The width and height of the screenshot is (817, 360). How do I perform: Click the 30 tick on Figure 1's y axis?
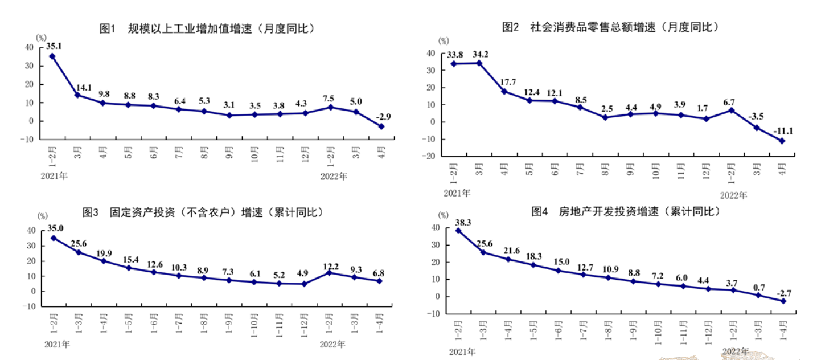[x=30, y=66]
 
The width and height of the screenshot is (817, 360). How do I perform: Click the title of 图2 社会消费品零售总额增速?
[x=610, y=27]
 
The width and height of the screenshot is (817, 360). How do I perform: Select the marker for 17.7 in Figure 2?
[x=504, y=91]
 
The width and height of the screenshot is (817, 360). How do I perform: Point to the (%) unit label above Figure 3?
[x=43, y=216]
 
